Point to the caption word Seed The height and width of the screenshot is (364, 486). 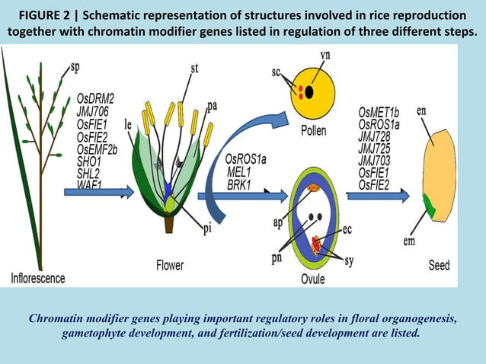[x=439, y=266]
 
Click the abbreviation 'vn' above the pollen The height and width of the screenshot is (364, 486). [x=325, y=55]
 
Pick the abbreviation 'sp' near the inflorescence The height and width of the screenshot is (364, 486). [x=75, y=66]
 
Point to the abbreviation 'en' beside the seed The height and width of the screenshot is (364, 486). [x=421, y=111]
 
